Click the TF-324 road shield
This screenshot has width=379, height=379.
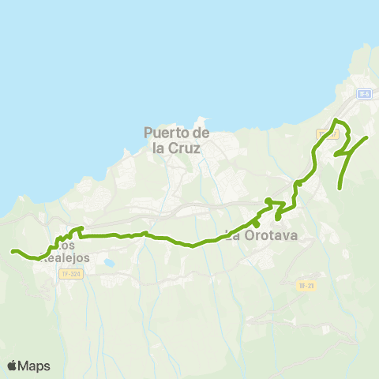point(69,273)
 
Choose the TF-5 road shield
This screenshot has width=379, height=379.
point(363,94)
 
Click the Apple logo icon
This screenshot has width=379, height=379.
point(13,366)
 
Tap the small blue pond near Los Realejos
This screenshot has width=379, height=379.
point(108,262)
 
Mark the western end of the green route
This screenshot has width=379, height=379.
point(12,251)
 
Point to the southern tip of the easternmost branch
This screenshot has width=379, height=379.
point(340,187)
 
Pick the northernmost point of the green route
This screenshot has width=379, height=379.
point(336,120)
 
